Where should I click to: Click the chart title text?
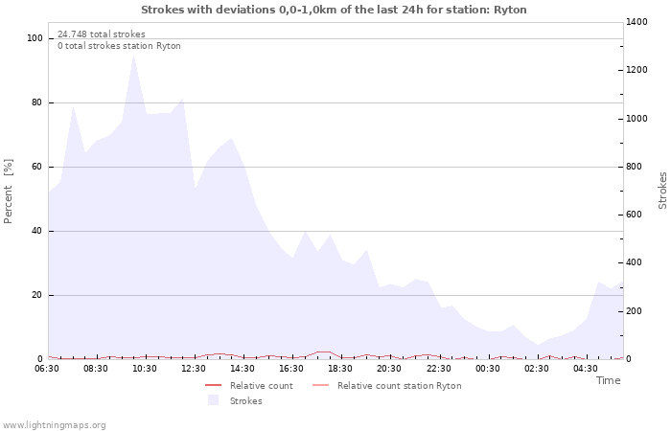334,10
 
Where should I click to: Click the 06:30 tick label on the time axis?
47,368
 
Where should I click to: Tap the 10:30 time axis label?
145,368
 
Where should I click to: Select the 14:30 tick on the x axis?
243,368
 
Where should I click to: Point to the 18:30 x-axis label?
341,368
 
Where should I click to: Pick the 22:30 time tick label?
439,368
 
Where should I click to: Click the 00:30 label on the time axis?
488,368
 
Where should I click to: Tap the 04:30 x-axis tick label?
586,368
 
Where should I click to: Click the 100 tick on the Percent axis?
35,38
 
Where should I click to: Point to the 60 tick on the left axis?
37,167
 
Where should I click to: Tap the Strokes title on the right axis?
662,191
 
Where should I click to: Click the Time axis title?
608,380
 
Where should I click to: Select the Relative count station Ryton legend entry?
399,386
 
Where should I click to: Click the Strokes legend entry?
245,401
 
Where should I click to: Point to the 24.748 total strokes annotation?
102,34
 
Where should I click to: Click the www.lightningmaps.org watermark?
55,424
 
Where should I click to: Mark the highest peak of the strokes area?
133,55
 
